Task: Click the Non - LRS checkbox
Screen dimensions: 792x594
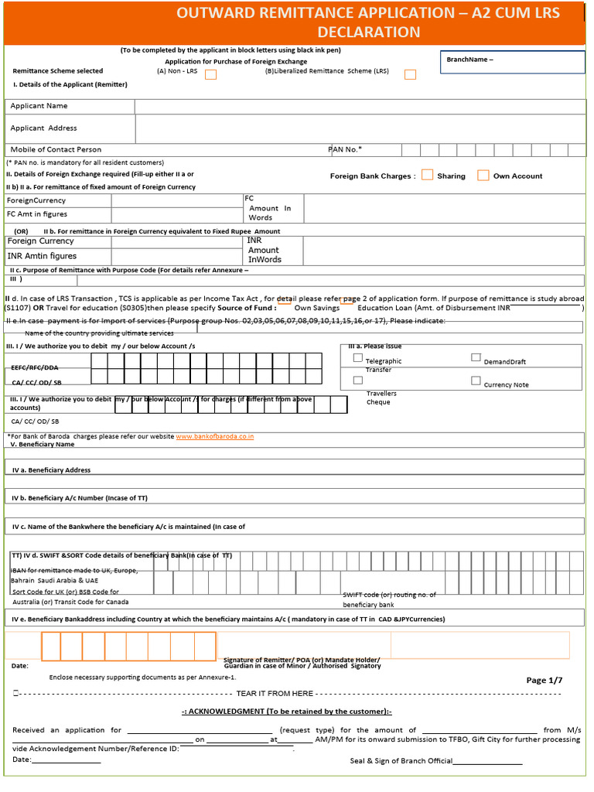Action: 210,74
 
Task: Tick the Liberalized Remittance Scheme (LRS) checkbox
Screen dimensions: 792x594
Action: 410,74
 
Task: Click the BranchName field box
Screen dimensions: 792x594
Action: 512,62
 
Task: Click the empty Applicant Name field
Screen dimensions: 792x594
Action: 360,106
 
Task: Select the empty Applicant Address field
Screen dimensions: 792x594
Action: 360,128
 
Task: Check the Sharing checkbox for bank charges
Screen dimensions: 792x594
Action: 427,176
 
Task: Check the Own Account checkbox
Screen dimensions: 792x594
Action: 483,176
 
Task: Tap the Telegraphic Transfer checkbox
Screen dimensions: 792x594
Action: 357,358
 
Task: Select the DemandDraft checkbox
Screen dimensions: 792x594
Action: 476,358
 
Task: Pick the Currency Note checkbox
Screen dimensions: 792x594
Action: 476,381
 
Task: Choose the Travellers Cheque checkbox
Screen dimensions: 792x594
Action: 357,381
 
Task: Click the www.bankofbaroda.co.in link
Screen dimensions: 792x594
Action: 215,437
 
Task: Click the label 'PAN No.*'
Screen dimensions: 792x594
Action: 346,149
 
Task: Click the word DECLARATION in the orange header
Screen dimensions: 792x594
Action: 369,32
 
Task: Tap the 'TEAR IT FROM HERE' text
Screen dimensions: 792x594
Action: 275,694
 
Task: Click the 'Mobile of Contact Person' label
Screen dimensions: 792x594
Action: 56,149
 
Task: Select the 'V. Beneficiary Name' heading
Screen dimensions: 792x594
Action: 43,445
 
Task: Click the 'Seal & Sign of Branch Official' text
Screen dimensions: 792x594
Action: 401,761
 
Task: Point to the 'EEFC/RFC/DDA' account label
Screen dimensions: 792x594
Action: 35,367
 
